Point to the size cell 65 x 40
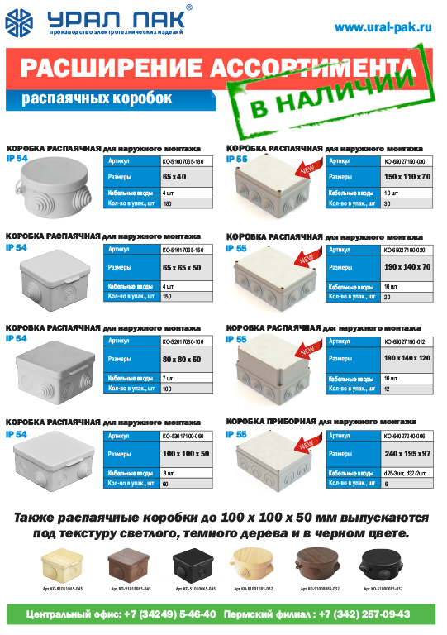pyautogui.click(x=175, y=177)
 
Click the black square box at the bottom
pyautogui.click(x=194, y=569)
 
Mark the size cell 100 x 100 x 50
pyautogui.click(x=186, y=454)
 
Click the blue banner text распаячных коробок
pyautogui.click(x=97, y=98)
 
